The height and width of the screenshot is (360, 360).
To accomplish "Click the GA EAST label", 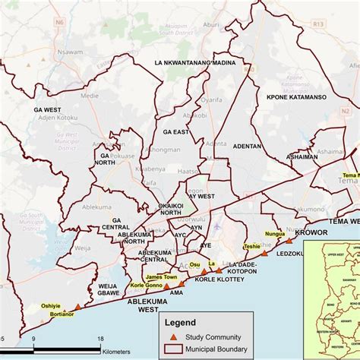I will pyautogui.click(x=175, y=131).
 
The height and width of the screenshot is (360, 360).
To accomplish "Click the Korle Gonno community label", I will pyautogui.click(x=147, y=286).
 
